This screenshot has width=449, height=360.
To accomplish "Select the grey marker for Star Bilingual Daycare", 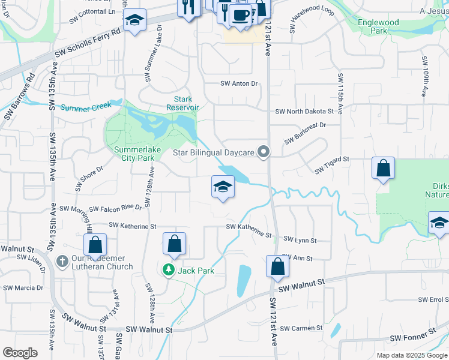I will (x=262, y=152).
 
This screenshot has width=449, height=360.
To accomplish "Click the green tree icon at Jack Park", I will (x=169, y=271).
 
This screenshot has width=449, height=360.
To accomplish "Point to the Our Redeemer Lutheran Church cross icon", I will (x=62, y=262).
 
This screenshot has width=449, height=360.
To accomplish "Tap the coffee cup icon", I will (x=240, y=14).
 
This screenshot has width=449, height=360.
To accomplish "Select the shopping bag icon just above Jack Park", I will (x=174, y=244).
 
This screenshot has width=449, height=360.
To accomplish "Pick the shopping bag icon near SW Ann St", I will (x=277, y=266).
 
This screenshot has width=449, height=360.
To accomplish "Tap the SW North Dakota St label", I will (x=304, y=112).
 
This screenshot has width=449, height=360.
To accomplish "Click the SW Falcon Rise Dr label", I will (x=115, y=208).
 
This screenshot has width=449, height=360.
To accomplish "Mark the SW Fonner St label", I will (x=412, y=339).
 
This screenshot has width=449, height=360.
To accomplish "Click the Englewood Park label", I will (x=378, y=26).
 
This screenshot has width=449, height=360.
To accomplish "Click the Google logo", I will (x=20, y=353).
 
